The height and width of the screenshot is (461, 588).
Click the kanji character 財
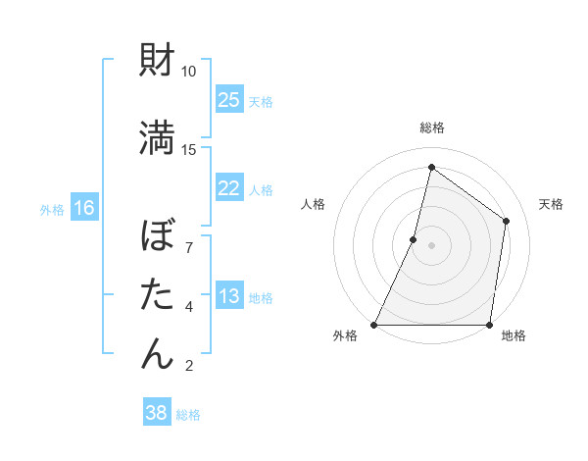pos(158,61)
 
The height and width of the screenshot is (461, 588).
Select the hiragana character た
pos(158,294)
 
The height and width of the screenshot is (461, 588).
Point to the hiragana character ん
pos(158,352)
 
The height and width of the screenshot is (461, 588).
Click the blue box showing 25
pos(229,100)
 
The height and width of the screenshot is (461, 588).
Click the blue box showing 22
pos(229,188)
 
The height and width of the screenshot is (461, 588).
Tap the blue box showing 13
pos(229,296)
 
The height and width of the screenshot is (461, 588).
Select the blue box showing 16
pos(84,208)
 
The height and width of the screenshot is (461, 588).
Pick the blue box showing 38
pos(157,413)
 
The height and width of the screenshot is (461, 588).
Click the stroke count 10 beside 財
pos(189,72)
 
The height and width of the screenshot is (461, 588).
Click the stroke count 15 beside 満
pos(189,149)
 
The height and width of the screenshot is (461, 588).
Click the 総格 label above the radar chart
pos(431,128)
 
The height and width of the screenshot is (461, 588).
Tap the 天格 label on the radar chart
pos(551,204)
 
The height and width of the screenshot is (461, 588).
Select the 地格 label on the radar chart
pos(514,336)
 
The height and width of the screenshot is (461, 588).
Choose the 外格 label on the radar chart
pos(345,336)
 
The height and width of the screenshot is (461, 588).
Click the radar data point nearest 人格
pos(414,239)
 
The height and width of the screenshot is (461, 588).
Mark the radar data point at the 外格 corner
pos(374,324)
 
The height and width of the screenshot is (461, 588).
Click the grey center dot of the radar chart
pos(431,245)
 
